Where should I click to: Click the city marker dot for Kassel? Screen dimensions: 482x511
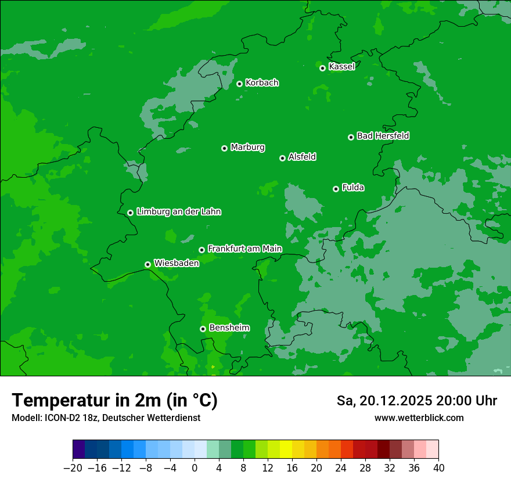322,68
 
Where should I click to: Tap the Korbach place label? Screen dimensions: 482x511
262,83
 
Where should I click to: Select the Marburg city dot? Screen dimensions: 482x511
224,148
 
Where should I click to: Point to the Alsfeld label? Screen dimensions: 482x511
302,157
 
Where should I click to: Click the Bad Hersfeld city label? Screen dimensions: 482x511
383,136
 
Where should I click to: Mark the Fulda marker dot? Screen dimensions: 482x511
336,189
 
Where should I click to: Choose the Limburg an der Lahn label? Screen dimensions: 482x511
178,212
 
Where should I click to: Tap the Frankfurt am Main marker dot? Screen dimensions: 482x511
201,250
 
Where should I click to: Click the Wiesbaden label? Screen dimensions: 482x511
176,263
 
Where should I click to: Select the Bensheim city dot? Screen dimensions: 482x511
203,329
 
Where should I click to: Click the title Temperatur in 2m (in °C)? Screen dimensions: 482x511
114,400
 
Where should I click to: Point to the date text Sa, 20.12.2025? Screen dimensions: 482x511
384,401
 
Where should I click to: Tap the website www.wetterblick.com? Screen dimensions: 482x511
419,418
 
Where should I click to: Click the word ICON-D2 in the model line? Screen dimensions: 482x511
62,418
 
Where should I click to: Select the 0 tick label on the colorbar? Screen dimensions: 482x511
195,468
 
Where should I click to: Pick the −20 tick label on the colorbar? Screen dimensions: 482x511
73,468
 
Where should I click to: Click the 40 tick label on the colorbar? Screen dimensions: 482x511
438,468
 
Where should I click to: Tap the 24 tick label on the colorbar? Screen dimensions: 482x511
341,468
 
